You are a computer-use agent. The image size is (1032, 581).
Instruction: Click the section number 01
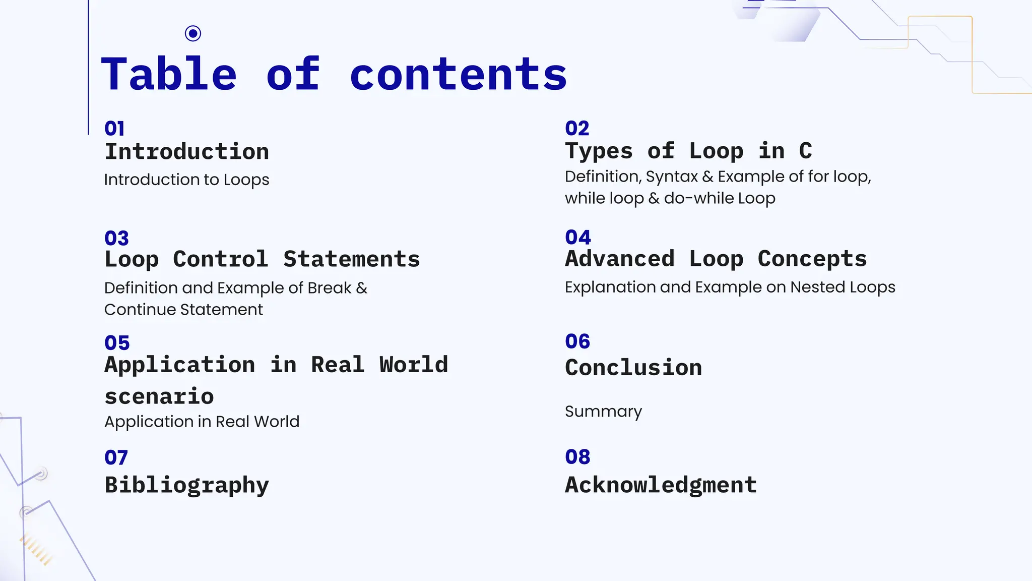point(114,129)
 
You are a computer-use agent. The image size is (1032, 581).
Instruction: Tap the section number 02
point(577,129)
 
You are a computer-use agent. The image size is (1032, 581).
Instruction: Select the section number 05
point(117,343)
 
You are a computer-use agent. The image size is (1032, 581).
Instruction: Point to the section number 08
point(577,457)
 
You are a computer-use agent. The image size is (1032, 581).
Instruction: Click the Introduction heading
point(186,152)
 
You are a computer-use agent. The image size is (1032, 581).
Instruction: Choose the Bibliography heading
point(186,485)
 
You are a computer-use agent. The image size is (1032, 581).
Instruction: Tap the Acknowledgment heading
point(661,485)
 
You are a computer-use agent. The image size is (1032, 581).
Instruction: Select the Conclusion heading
point(633,368)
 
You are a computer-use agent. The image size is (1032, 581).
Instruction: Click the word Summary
point(603,412)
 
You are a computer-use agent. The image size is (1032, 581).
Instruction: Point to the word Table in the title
point(169,74)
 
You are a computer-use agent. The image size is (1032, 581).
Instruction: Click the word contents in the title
point(458,74)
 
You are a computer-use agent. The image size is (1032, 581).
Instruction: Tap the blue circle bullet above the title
point(193,33)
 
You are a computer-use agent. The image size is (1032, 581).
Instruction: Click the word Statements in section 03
point(351,259)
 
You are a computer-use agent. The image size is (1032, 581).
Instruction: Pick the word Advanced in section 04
point(619,259)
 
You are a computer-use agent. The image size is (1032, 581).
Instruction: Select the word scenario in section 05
point(159,396)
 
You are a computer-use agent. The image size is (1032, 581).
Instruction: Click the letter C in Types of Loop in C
point(805,151)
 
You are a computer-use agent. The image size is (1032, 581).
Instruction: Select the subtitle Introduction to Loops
point(186,180)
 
